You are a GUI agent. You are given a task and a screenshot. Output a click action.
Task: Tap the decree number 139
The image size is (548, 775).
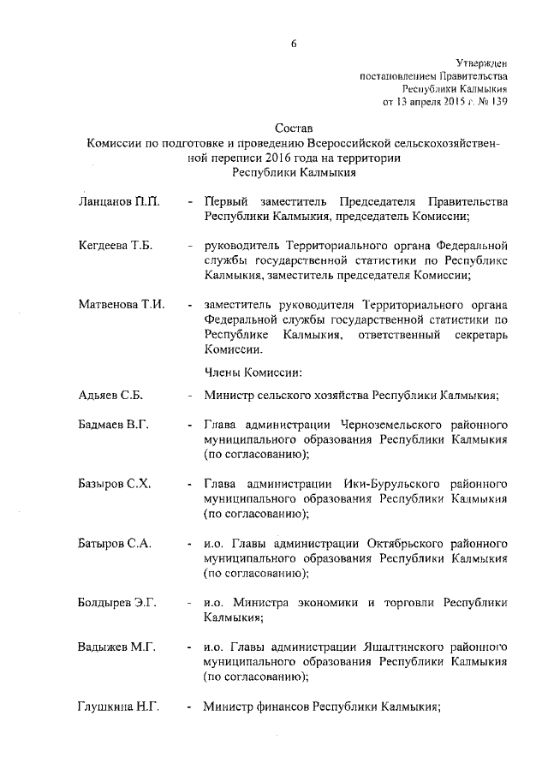click(499, 101)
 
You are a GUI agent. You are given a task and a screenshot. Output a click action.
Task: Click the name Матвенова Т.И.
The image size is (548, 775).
click(121, 304)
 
